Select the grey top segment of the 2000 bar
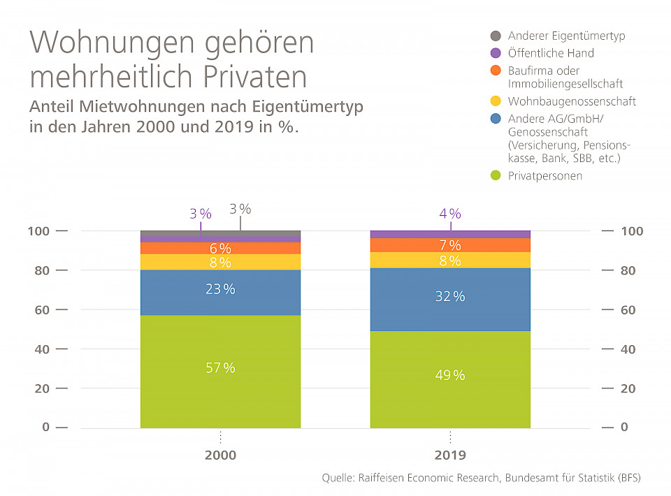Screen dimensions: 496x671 [x=220, y=233]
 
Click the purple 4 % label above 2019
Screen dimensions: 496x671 [x=450, y=214]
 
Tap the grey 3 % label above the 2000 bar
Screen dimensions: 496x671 [x=240, y=209]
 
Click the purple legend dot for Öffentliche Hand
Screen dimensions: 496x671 [x=496, y=53]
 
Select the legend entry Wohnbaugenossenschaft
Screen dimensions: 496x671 [x=572, y=101]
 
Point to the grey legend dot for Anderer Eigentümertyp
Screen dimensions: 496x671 [x=496, y=36]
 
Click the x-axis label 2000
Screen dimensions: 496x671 [x=220, y=455]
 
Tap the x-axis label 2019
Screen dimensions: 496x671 [x=450, y=455]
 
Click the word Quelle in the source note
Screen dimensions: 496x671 [x=337, y=479]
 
